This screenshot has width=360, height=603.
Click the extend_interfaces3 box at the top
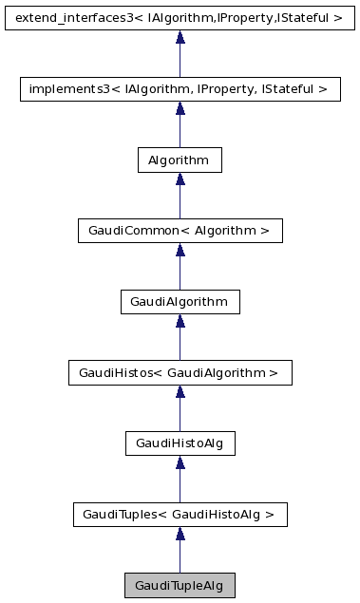[x=180, y=18]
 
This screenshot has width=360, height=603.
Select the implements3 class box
[x=180, y=89]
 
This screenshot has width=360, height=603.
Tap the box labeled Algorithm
[x=180, y=160]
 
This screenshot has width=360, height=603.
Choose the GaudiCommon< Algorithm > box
[x=180, y=231]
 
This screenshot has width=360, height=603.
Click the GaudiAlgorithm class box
[x=180, y=302]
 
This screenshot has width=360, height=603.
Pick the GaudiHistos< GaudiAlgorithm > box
[x=180, y=373]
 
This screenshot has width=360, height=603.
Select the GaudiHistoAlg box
[x=180, y=443]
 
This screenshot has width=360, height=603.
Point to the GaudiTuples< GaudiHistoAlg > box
[x=180, y=515]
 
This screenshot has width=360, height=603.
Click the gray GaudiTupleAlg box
[x=180, y=586]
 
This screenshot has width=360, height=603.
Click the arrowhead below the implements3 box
[x=180, y=109]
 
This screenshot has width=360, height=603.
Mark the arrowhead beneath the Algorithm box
[x=180, y=179]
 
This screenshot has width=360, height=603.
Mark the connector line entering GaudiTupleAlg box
[x=180, y=558]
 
